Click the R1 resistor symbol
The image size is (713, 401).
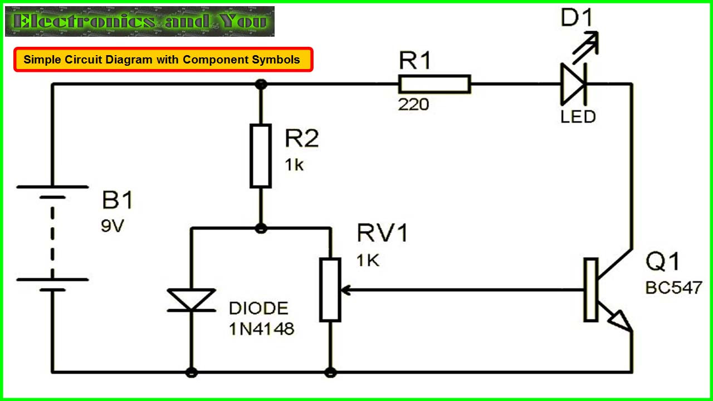pos(435,85)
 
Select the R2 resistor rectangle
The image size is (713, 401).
pos(261,156)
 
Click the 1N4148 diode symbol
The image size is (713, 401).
pos(191,300)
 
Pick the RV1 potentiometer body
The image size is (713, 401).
pos(330,290)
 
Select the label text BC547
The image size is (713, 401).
pos(674,287)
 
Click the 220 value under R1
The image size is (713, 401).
pos(413,104)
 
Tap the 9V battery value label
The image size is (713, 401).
pos(112,227)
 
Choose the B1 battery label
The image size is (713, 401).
pos(118,200)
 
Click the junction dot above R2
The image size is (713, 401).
pos(260,85)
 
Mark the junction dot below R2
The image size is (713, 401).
pos(260,228)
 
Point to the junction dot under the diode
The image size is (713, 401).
pos(191,371)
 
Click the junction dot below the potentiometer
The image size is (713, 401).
pos(330,371)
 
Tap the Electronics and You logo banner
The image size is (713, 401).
pos(140,22)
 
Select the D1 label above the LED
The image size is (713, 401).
pos(578,18)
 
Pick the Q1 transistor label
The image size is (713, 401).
pos(663,262)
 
